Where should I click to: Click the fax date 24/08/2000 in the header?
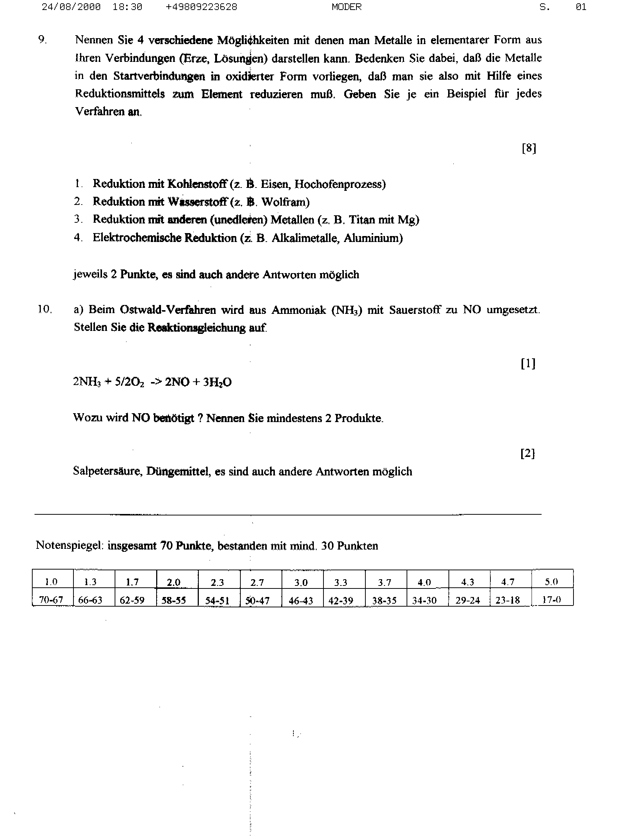[x=71, y=7]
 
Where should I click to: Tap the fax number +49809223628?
[x=201, y=7]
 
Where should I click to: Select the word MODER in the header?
[x=346, y=7]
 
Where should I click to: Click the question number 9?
[x=42, y=40]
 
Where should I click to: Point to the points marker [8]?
[x=529, y=148]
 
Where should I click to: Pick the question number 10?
[x=44, y=309]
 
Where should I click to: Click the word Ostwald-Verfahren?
[x=168, y=309]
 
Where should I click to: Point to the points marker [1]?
[x=528, y=364]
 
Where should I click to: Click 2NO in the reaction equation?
[x=177, y=382]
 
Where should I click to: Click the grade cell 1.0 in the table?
[x=51, y=582]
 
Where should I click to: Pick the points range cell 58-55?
[x=174, y=600]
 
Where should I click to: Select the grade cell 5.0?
[x=551, y=582]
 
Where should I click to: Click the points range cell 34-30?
[x=424, y=600]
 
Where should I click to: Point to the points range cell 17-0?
[x=551, y=600]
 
